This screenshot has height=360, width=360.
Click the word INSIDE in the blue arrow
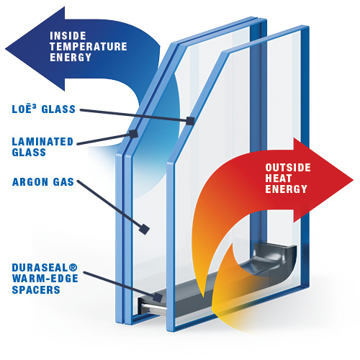68,36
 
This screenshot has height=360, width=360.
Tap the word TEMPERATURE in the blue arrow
89,47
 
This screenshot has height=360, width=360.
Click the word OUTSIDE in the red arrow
288,168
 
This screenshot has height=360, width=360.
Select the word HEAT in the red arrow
279,178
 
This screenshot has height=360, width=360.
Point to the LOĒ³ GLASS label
44,109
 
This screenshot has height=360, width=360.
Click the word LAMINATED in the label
42,142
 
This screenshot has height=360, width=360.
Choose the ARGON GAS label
43,182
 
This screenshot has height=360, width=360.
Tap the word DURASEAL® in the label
45,268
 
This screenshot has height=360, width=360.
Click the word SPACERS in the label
36,289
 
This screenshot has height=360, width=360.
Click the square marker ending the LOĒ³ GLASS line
190,121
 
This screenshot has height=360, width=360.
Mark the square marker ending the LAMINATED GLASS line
133,134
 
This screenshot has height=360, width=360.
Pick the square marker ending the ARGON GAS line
144,229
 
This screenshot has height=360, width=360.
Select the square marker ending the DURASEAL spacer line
158,297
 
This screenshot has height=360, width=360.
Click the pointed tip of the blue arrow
6,49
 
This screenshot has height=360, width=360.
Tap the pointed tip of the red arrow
353,180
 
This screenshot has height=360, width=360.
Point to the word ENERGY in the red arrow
286,189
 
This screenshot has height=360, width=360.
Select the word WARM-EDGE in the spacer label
45,279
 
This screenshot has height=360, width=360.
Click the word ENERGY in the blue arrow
71,58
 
